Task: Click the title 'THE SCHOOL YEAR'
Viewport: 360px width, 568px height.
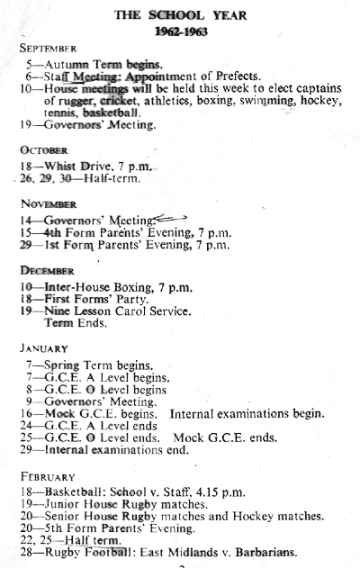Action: tap(180, 15)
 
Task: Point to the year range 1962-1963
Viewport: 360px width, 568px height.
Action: tap(181, 32)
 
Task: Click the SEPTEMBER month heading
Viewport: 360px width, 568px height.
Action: tap(49, 49)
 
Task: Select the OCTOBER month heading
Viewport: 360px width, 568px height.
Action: tap(44, 150)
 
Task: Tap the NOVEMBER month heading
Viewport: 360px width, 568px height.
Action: tap(49, 204)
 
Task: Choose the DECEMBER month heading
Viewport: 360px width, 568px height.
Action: tap(47, 271)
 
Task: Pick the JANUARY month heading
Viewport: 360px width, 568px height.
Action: tap(44, 348)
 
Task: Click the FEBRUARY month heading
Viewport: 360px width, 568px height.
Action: tap(48, 477)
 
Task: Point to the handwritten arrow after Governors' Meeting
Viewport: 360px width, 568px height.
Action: tap(170, 218)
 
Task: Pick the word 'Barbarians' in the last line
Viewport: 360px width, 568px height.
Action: tap(266, 553)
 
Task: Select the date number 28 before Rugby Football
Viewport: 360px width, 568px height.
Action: tap(26, 553)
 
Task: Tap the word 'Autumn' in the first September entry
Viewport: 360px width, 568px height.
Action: tap(67, 65)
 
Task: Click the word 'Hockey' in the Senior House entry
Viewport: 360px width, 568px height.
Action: tap(253, 516)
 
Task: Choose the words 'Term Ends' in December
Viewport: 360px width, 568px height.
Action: tap(76, 323)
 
